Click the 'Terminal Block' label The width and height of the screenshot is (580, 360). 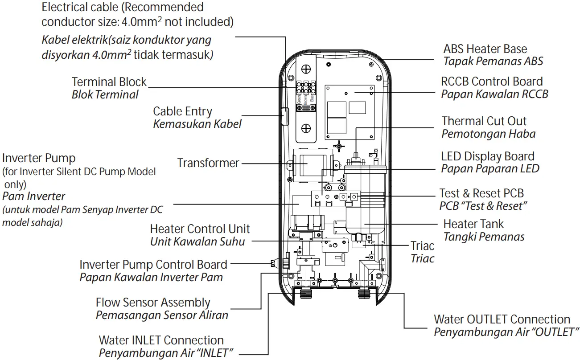point(109,82)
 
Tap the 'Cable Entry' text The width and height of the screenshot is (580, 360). point(182,111)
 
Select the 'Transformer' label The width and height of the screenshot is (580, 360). point(208,163)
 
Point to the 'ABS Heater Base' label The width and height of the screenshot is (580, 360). point(485,49)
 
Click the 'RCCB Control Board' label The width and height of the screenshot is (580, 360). point(492,82)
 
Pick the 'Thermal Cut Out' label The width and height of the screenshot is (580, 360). point(484,121)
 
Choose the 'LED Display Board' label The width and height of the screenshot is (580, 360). point(487,156)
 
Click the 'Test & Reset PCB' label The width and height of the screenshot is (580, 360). point(481,193)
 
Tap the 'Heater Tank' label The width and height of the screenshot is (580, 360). point(473,224)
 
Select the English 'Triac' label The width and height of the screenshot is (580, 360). point(422,246)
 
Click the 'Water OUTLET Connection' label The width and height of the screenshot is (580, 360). point(502,319)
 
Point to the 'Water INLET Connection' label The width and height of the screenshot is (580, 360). point(161,340)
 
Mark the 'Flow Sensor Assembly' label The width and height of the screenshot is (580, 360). point(152,303)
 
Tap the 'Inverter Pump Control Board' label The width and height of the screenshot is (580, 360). point(153,264)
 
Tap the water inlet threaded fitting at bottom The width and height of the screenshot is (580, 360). point(306,294)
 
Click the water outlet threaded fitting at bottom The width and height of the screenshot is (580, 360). point(364,294)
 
